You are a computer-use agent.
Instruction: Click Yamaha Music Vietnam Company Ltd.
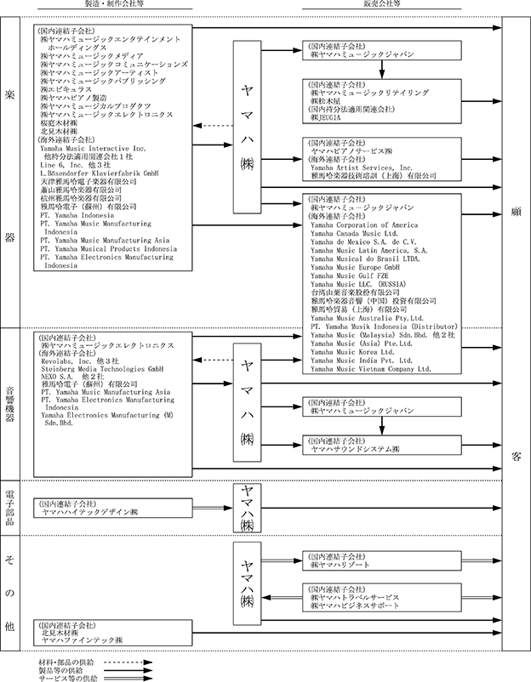coord(371,369)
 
